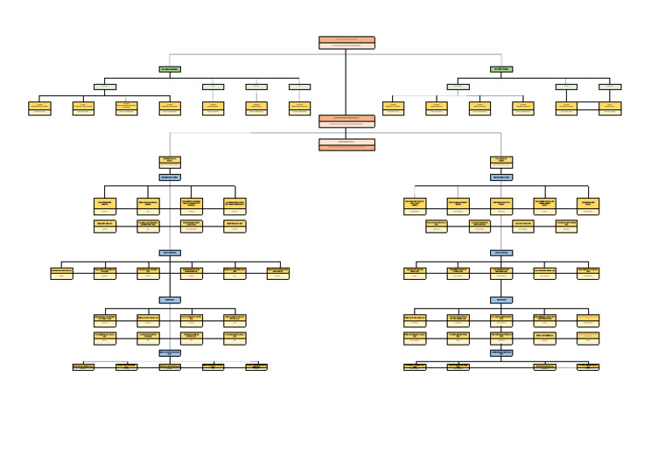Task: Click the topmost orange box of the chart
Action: point(346,42)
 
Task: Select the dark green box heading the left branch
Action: point(170,69)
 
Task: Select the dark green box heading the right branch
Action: point(501,69)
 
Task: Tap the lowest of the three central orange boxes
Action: point(346,145)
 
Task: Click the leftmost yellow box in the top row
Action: point(39,108)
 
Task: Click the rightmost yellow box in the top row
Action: point(610,108)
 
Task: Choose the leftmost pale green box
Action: point(105,87)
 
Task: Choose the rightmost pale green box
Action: point(610,87)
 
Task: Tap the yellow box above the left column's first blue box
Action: point(170,162)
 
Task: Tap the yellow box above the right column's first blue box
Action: point(501,162)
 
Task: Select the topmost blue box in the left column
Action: point(170,177)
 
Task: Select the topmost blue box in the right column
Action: point(501,177)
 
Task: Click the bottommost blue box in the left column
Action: point(170,353)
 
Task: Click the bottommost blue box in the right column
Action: point(501,353)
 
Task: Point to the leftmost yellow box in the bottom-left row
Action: point(83,367)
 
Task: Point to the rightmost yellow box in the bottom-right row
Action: point(588,367)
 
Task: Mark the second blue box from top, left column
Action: point(170,253)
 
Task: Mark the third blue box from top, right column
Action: point(501,299)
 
